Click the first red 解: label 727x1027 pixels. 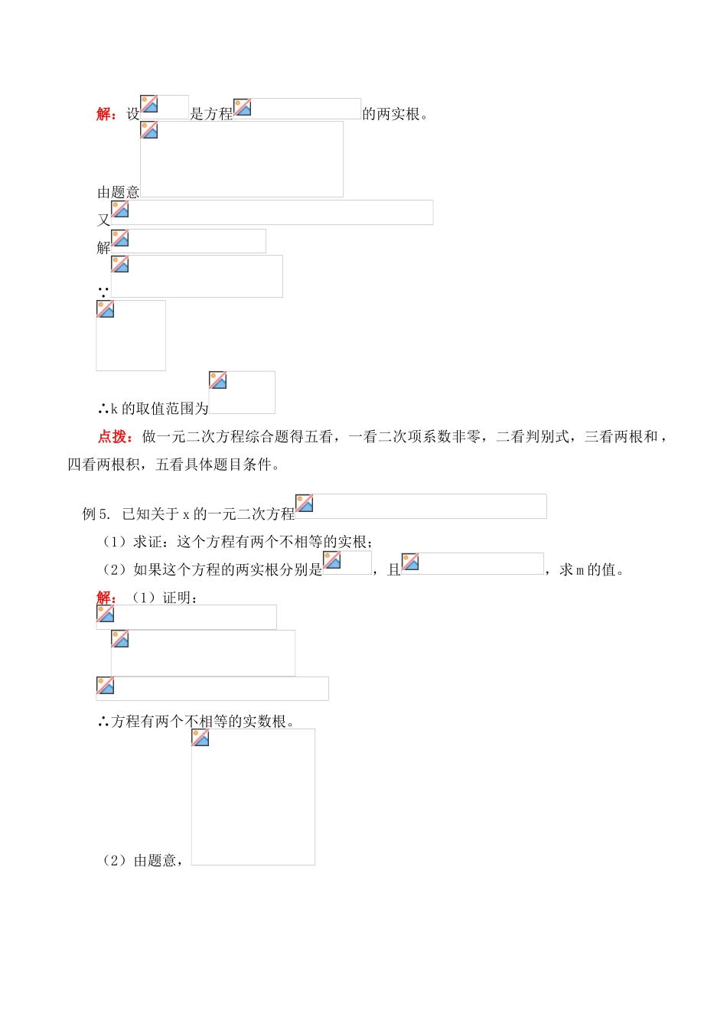[106, 114]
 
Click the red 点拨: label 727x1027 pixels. [116, 437]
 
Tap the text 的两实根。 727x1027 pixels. [396, 114]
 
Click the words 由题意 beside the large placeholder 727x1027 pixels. [118, 193]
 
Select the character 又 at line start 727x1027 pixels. [103, 220]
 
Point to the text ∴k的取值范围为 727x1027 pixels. [153, 409]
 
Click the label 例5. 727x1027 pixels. [96, 513]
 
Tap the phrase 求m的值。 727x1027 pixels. [592, 569]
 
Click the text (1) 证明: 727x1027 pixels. [164, 598]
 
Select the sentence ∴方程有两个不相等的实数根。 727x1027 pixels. [196, 721]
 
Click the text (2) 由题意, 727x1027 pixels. [142, 861]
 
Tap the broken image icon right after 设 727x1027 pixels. [149, 104]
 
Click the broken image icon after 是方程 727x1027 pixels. [243, 107]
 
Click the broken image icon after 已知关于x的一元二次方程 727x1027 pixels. [305, 503]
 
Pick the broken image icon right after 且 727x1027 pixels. [410, 562]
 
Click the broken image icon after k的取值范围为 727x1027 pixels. [218, 380]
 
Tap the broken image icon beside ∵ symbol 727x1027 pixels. [120, 264]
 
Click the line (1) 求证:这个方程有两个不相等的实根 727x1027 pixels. [237, 542]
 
